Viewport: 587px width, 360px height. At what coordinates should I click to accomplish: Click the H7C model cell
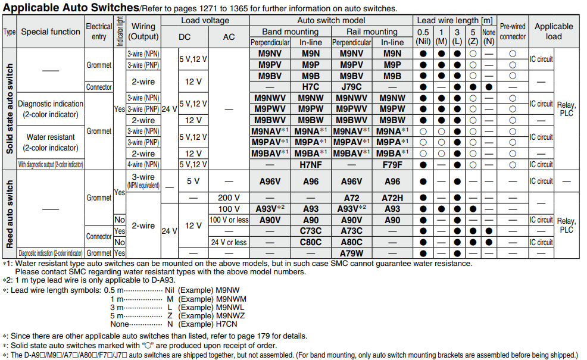310,87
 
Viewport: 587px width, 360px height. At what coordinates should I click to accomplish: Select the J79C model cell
351,87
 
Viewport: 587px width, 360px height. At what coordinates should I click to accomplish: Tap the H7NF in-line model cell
310,165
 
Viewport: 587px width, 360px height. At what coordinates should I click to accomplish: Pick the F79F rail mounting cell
392,165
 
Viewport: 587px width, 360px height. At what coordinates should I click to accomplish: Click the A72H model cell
392,198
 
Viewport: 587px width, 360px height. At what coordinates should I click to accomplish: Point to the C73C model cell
310,231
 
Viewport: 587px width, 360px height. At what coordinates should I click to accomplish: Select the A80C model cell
351,242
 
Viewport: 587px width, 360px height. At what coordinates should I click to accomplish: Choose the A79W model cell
351,253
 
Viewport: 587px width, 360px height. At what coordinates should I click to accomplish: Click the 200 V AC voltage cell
229,198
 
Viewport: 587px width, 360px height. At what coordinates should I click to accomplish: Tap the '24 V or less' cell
229,242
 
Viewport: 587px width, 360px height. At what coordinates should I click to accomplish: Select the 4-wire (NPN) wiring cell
143,165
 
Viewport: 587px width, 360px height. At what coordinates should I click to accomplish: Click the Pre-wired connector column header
513,32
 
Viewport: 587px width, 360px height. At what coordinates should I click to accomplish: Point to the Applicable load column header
554,32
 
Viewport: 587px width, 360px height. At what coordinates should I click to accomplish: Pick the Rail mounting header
372,32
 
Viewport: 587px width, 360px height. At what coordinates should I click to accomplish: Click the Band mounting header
290,32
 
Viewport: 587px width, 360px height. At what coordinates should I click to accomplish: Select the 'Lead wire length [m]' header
455,20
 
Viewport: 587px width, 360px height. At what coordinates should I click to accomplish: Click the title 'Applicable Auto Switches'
70,8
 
